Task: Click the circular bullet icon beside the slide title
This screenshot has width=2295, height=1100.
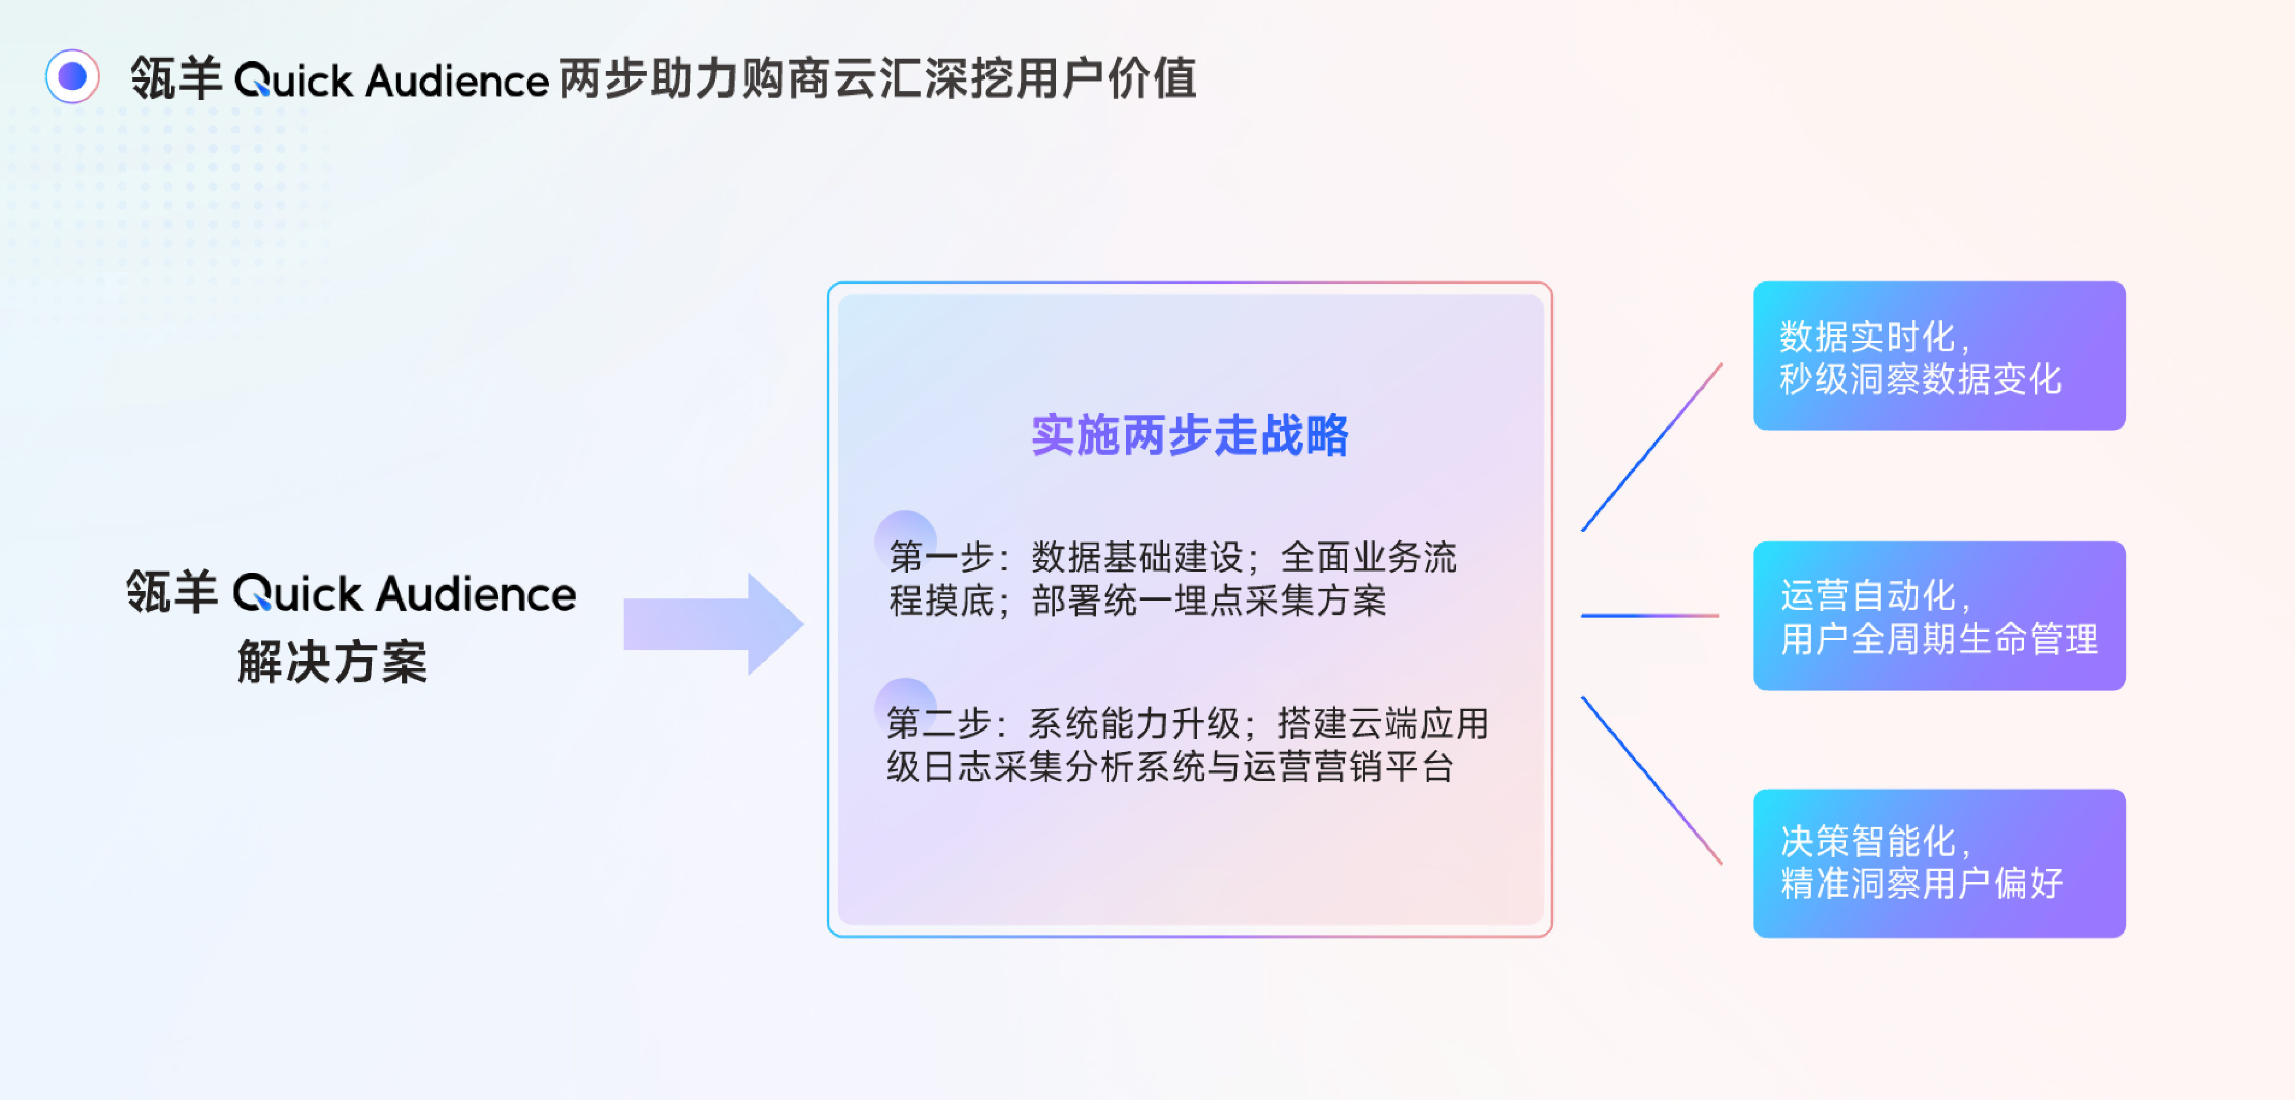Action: point(72,77)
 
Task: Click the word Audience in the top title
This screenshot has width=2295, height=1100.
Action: point(457,80)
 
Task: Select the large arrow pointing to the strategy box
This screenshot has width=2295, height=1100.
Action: point(713,623)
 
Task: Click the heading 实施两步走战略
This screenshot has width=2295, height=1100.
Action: point(1189,436)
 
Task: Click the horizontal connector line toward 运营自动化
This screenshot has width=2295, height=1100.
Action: point(1650,615)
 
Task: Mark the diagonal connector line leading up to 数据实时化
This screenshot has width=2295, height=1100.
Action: point(1651,447)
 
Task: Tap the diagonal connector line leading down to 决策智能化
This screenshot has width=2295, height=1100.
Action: point(1651,781)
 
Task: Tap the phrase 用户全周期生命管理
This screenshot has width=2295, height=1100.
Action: point(1938,638)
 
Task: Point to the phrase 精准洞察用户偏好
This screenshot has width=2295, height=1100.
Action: point(1921,883)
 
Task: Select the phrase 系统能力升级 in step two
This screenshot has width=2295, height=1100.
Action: point(1134,723)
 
